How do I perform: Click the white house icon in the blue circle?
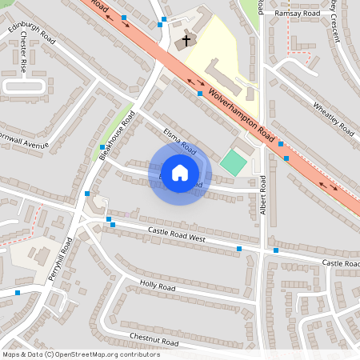(180, 172)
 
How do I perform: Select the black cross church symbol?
(186, 40)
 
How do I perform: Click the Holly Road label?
(157, 286)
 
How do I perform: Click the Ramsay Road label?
(297, 14)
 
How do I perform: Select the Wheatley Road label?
(334, 118)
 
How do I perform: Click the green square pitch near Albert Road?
(233, 163)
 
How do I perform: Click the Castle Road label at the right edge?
(340, 263)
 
